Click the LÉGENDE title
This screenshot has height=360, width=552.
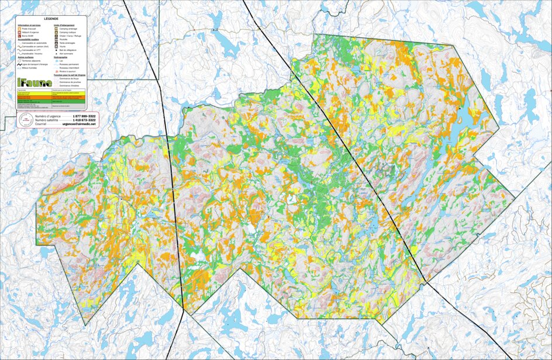[51, 20]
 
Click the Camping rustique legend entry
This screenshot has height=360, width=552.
[68, 32]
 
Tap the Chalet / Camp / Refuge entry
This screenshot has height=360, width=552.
[71, 36]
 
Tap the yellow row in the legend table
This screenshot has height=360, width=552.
[51, 98]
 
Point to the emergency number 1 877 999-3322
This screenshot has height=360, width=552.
[84, 116]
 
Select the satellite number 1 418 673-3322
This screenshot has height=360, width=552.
[84, 120]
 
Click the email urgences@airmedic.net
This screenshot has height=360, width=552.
[78, 124]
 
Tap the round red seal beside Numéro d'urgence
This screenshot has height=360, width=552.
[25, 120]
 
